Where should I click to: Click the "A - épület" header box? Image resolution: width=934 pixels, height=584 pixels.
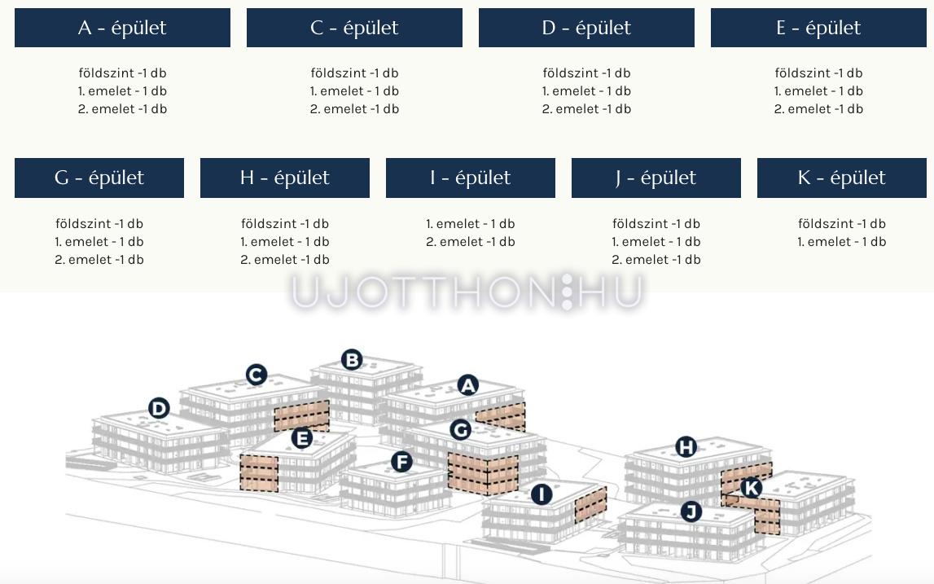coord(122,28)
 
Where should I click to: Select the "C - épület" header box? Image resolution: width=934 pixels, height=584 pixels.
coord(354,28)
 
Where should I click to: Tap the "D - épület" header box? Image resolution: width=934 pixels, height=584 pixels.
coord(587,28)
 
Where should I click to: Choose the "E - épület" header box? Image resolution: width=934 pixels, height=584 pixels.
coord(818,28)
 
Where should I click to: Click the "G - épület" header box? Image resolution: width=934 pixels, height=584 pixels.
coord(99,178)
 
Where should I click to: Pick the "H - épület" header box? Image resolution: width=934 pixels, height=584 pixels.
coord(285,178)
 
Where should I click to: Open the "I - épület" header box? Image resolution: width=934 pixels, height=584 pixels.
coord(471,178)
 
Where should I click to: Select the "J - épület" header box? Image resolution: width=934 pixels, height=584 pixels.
coord(656,178)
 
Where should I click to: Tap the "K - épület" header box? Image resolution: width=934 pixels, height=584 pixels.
coord(842,178)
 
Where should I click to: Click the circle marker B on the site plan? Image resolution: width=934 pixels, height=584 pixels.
coord(352,360)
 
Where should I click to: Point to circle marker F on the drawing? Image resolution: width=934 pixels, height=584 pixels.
coord(402,462)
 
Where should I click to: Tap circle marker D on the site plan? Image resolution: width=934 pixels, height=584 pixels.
coord(159,409)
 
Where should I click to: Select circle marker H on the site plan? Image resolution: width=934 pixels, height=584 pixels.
coord(686,447)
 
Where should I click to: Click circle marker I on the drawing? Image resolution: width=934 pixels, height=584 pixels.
coord(542,494)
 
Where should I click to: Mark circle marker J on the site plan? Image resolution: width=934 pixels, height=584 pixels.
coord(691,512)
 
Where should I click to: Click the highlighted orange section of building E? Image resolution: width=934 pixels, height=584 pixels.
coord(259,473)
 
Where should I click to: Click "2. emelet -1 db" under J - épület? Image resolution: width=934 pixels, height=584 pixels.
coord(656,260)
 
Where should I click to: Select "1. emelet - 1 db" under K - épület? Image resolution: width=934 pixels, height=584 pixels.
coord(842,242)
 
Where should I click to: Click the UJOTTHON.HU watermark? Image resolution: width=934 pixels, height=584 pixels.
coord(467,292)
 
